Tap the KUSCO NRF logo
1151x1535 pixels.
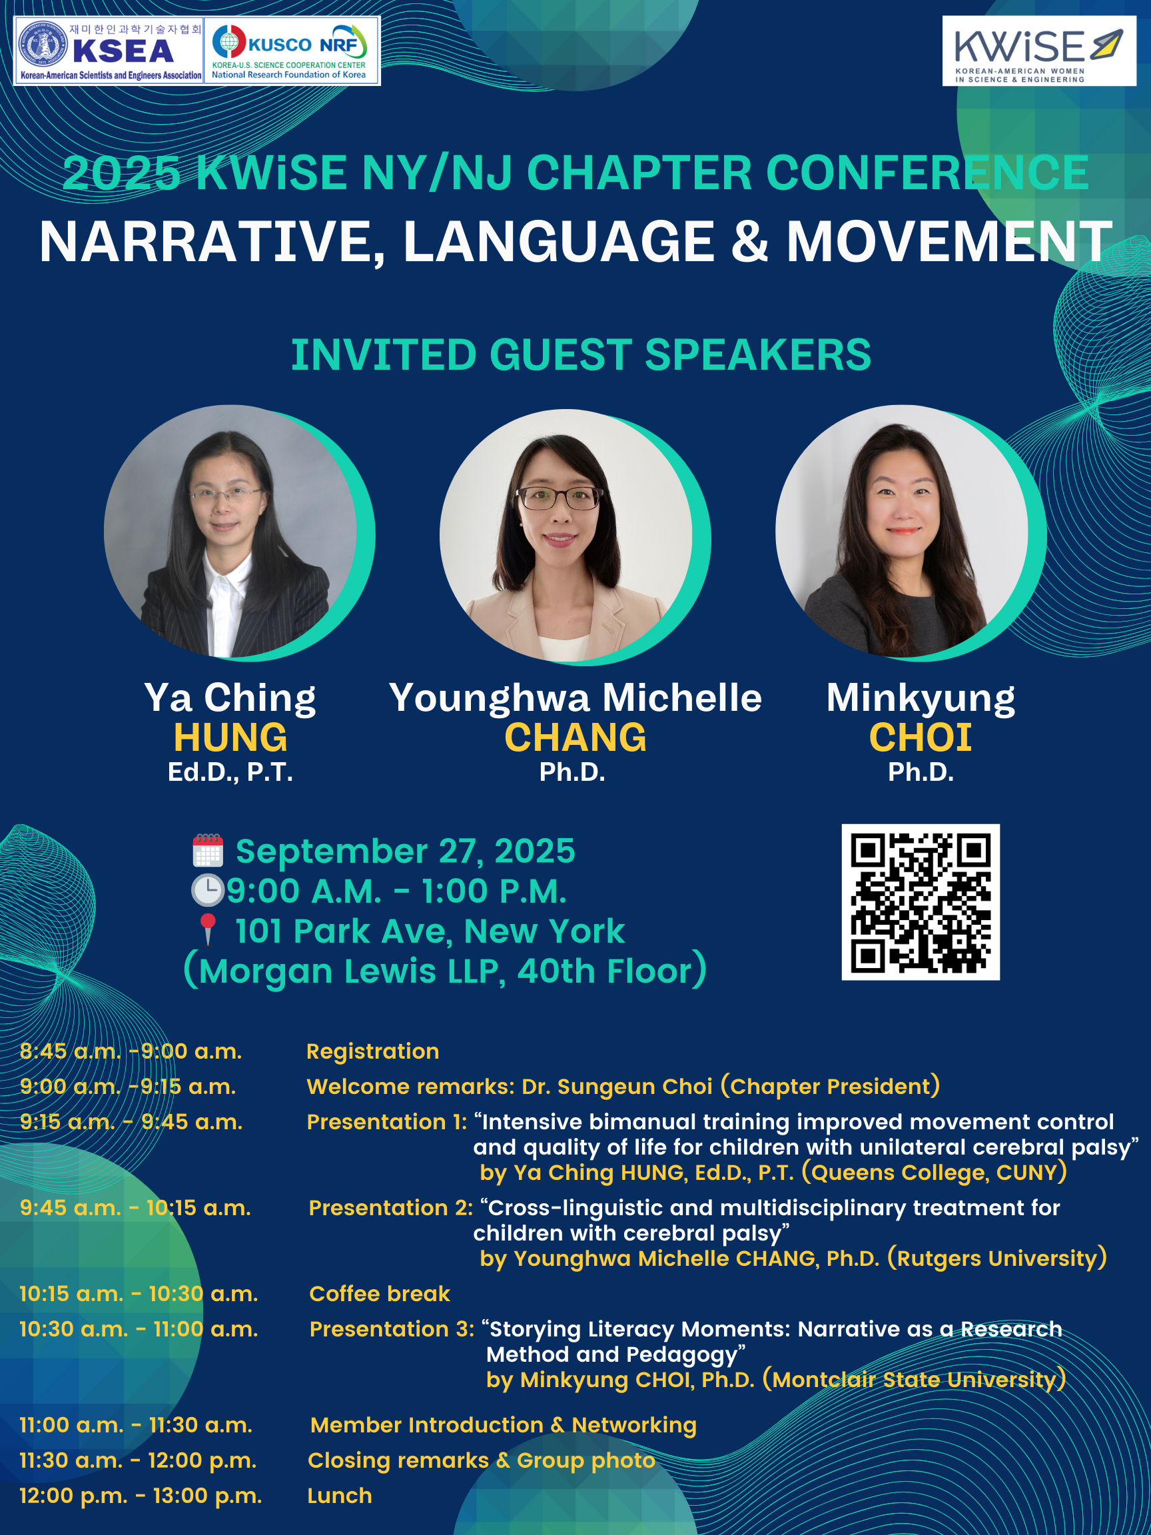(x=291, y=51)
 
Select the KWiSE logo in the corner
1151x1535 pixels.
(x=1038, y=51)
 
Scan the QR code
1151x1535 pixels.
(x=920, y=902)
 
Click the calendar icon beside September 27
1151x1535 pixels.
(x=207, y=851)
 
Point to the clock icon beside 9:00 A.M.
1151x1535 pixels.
(x=207, y=890)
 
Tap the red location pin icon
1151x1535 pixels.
(x=207, y=930)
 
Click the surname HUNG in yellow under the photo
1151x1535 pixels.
(x=230, y=737)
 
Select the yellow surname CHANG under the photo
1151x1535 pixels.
(x=575, y=737)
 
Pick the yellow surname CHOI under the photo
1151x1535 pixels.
(x=920, y=737)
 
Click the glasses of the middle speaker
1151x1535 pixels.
(x=558, y=497)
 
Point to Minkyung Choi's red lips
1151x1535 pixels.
(x=903, y=531)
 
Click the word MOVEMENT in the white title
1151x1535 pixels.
(x=949, y=241)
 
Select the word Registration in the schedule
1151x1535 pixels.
(x=372, y=1051)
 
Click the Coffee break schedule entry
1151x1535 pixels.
(x=380, y=1294)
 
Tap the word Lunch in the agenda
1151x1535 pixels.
(x=339, y=1496)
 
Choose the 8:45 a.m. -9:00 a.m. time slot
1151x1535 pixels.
(x=131, y=1051)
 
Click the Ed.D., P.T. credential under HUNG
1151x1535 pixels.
(x=230, y=772)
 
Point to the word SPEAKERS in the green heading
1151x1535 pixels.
(x=757, y=354)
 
